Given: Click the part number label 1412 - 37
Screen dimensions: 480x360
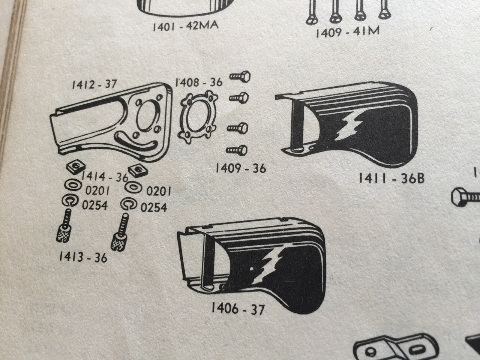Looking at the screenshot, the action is pyautogui.click(x=94, y=84).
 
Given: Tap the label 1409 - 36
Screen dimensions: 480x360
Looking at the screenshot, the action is pyautogui.click(x=241, y=168).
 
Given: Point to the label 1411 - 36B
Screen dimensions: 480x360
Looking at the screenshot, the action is pyautogui.click(x=391, y=178).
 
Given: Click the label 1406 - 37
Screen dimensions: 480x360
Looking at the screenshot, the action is pyautogui.click(x=238, y=309).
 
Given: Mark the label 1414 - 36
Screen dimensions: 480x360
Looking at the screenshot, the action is pyautogui.click(x=105, y=177).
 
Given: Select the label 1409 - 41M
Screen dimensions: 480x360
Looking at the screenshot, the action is pyautogui.click(x=348, y=32).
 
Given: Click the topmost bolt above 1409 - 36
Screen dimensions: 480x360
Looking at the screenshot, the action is pyautogui.click(x=240, y=77).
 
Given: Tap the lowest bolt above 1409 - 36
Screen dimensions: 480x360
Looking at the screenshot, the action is pyautogui.click(x=237, y=150).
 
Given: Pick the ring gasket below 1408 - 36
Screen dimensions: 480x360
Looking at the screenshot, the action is pyautogui.click(x=198, y=117).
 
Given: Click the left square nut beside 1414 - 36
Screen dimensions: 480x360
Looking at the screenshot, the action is pyautogui.click(x=76, y=166).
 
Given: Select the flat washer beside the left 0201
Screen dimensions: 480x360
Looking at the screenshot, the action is pyautogui.click(x=73, y=185).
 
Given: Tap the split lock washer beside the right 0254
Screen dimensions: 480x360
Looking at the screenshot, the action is pyautogui.click(x=129, y=204).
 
